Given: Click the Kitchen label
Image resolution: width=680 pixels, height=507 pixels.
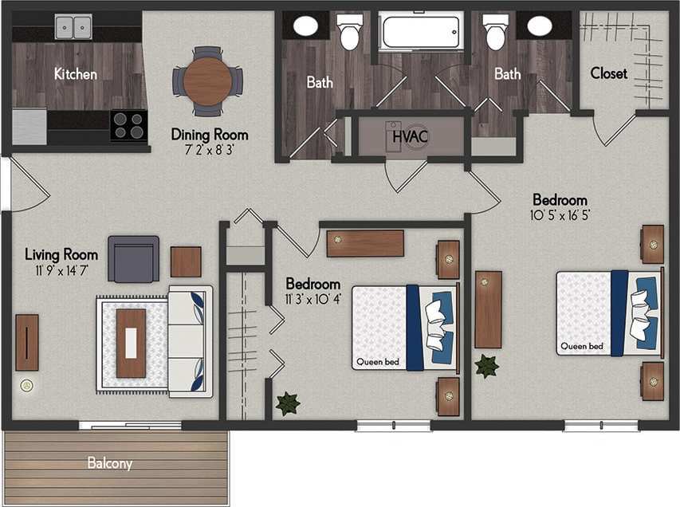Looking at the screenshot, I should pos(76,74).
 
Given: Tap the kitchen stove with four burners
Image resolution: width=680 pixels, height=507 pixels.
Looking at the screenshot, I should pos(128,125).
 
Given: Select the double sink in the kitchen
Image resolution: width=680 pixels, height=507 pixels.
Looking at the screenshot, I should pos(74,28).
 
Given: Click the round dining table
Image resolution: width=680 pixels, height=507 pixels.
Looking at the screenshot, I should pos(207,81).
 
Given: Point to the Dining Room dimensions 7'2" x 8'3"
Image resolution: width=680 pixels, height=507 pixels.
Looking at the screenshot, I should pos(209,148).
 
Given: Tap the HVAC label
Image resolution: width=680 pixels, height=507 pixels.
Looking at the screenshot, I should pos(411,136).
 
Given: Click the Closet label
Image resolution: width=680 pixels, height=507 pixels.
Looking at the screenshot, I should pos(609,73).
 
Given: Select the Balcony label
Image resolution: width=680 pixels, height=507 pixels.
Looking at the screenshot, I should pos(110,463).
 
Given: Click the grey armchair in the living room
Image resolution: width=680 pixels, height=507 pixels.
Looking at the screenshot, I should pos(133,258).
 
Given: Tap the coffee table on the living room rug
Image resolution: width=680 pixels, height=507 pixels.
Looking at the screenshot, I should pos(131,343).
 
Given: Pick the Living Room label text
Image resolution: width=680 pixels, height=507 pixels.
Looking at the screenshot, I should pos(61,255).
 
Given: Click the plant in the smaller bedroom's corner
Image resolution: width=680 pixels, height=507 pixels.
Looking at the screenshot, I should pos(287,403).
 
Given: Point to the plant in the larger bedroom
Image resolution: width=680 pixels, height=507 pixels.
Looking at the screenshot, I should pos(485,366).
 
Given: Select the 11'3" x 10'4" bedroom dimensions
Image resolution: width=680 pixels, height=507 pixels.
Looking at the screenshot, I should pos(313,298).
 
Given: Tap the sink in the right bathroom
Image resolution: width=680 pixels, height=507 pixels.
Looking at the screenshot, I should pos(540,25).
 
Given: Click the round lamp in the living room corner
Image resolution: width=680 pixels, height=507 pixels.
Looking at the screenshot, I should pos(27,386).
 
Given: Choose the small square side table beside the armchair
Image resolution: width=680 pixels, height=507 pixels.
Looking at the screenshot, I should pos(186,261).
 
